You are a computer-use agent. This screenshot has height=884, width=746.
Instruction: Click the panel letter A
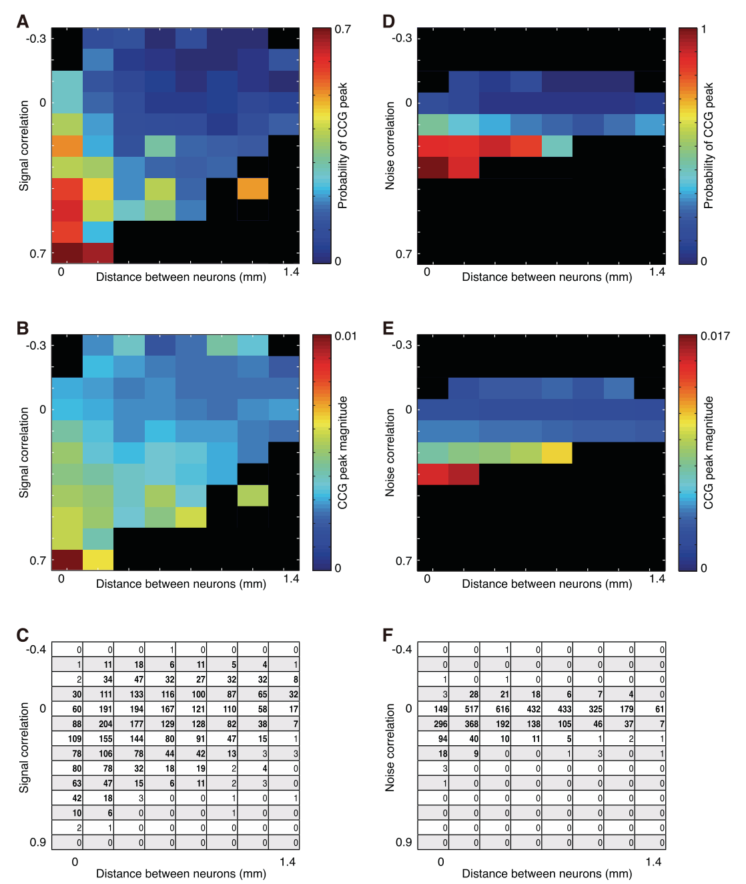coord(23,21)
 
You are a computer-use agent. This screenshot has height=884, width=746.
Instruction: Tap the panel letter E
coord(388,328)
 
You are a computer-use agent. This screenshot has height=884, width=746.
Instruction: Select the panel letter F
coord(388,635)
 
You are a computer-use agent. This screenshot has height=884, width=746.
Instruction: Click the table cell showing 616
coord(495,709)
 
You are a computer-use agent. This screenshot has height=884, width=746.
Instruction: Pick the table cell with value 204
coord(98,723)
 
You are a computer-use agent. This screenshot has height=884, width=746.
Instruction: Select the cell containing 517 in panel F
coord(464,709)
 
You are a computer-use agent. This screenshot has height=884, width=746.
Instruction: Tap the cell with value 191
coord(98,709)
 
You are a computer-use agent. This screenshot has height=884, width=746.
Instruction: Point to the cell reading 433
coord(557,709)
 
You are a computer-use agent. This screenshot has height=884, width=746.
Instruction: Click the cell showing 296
coord(433,723)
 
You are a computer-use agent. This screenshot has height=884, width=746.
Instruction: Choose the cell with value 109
coord(67,739)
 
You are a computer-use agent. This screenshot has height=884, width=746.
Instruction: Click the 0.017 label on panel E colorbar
coord(715,336)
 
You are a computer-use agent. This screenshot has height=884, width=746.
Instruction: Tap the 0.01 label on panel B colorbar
coord(346,336)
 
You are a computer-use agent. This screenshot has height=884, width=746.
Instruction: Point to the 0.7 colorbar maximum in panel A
coord(342,29)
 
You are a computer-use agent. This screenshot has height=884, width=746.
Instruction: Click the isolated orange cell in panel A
coord(253,188)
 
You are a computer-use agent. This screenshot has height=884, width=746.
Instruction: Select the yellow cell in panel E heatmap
coord(557,452)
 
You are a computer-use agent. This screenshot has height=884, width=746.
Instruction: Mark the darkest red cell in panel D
coord(433,167)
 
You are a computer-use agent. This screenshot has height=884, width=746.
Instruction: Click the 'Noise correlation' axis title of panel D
coord(390,145)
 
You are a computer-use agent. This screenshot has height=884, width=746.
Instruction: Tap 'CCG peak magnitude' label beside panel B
coord(342,452)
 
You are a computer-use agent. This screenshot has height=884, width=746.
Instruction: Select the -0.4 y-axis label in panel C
coord(35,649)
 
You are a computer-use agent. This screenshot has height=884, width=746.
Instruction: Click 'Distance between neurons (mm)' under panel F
coord(546,873)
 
